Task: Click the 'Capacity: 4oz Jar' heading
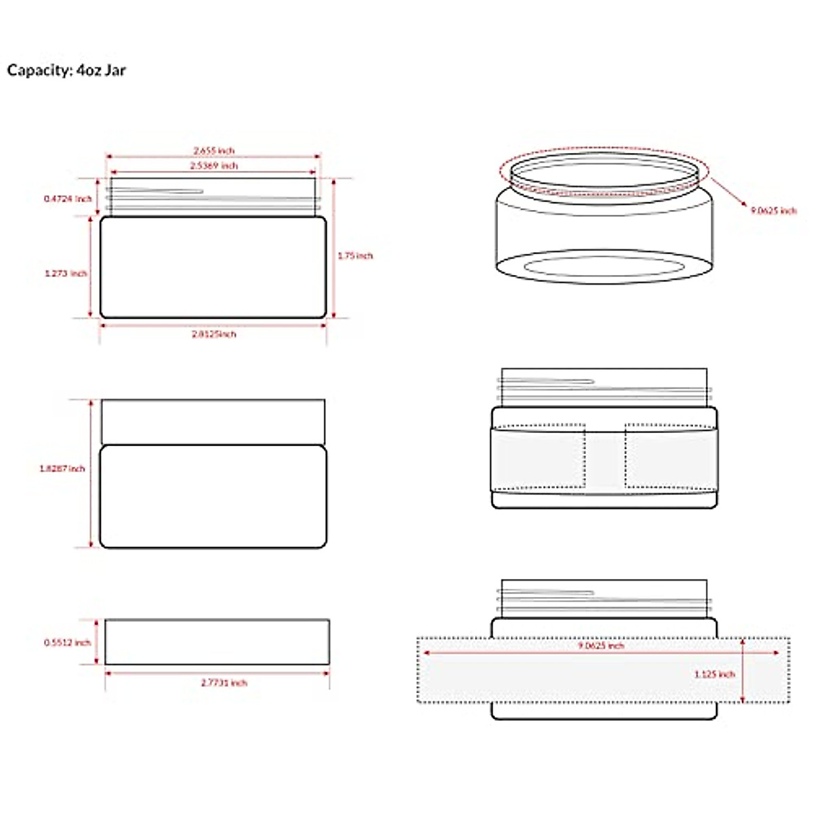coord(66,70)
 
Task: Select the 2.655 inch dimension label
coord(214,150)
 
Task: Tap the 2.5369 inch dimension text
coord(214,165)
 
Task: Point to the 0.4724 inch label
coord(67,199)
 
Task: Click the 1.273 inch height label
coord(66,274)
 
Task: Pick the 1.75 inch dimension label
coord(356,255)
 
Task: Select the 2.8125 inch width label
coord(214,334)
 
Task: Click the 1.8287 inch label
coord(62,468)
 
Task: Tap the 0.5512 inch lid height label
coord(67,642)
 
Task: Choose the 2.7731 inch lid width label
coord(224,683)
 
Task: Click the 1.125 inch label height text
coord(715,674)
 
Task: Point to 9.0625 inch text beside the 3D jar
coord(774,211)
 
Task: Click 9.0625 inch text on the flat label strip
coord(601,646)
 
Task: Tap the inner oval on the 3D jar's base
coord(602,266)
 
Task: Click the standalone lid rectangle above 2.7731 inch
coord(217,642)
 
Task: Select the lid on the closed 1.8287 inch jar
coord(213,421)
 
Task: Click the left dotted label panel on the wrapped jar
coord(539,456)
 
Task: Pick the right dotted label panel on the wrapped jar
coord(670,456)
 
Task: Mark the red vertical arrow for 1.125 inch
coord(744,670)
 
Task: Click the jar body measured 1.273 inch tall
coord(213,267)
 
